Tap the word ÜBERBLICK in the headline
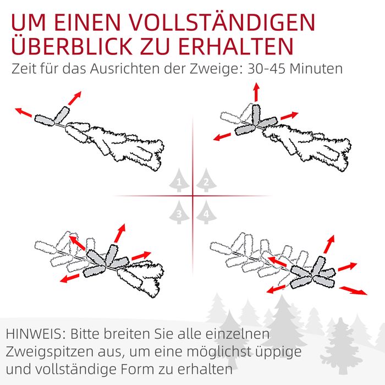(71, 46)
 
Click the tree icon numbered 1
(179, 180)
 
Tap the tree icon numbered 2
(206, 180)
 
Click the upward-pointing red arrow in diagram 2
(257, 92)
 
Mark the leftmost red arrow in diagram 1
(24, 112)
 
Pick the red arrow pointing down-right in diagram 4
(353, 290)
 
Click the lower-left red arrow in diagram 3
(70, 278)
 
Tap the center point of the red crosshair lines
(193, 196)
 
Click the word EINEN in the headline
(87, 23)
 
